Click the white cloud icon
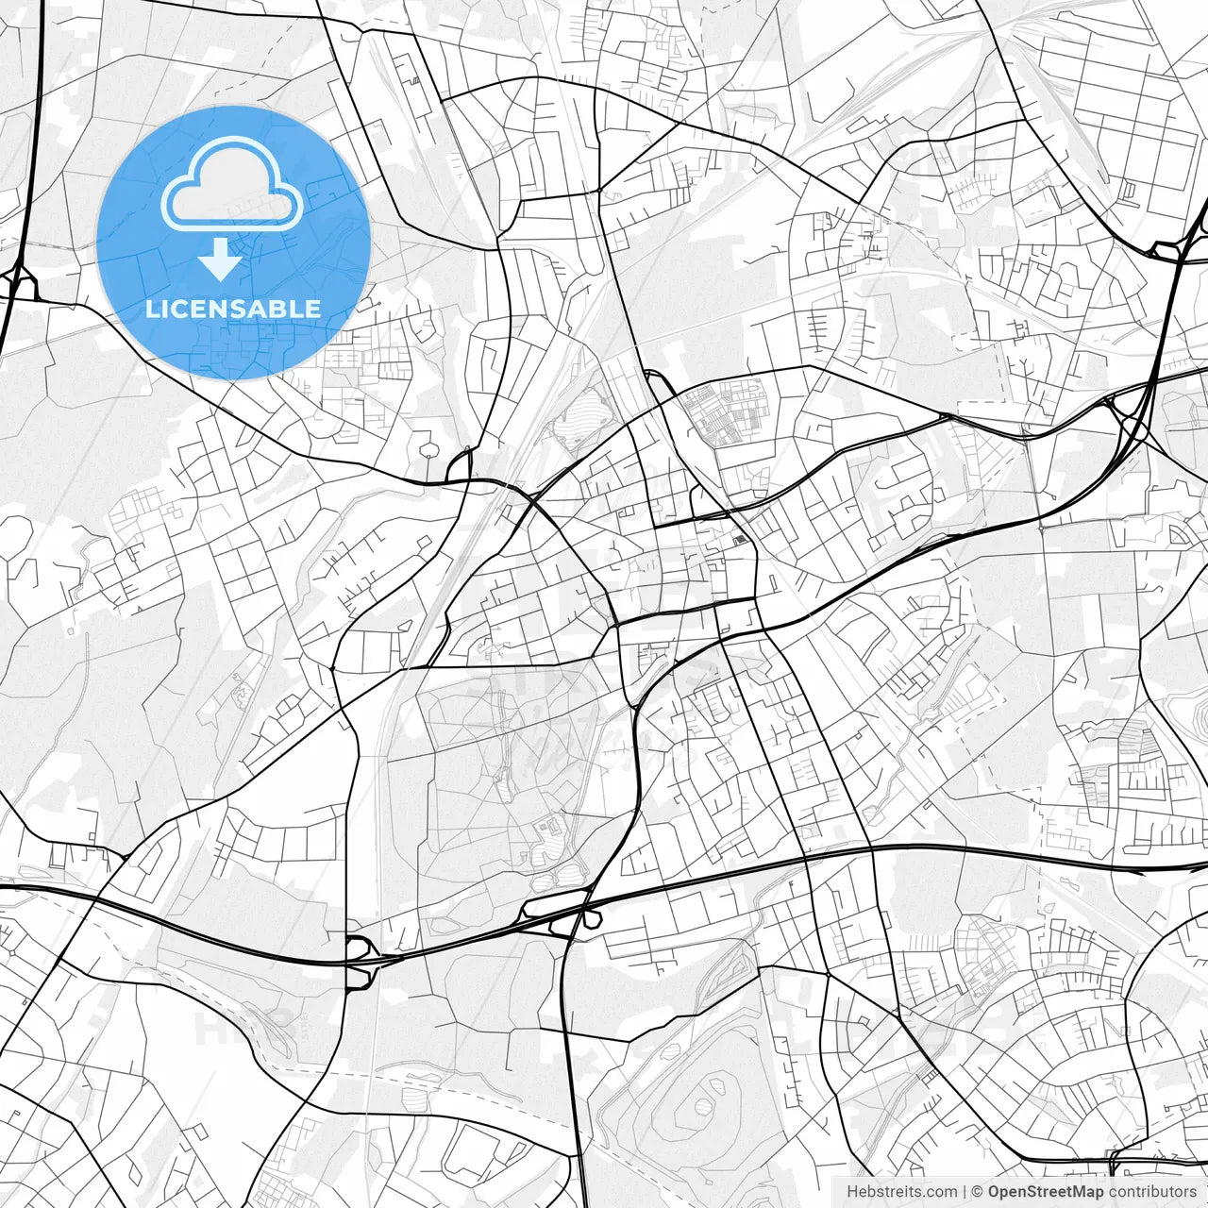(232, 184)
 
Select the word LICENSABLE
(232, 309)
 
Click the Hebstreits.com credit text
(901, 1192)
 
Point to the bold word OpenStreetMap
(1045, 1192)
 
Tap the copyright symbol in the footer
(978, 1192)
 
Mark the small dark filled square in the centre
(740, 540)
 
